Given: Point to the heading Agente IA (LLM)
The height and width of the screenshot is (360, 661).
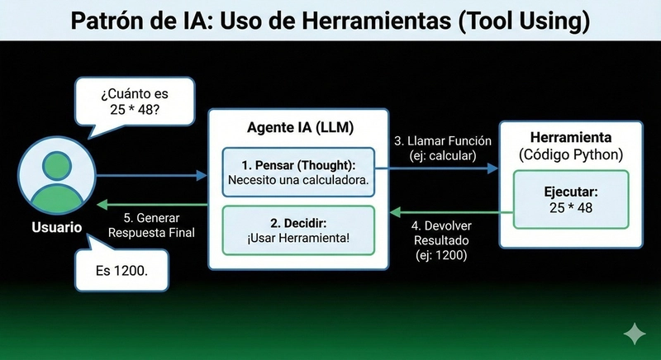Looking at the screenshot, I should (x=297, y=129).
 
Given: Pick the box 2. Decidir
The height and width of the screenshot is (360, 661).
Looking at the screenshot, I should (x=297, y=230).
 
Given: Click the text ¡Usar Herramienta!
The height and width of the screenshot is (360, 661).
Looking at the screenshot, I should (x=297, y=239).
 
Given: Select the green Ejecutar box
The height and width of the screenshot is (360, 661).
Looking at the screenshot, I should (x=571, y=199).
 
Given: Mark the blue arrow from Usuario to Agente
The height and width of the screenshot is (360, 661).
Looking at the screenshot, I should (x=149, y=175).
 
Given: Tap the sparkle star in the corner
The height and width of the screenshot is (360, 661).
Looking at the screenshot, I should (x=635, y=334).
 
